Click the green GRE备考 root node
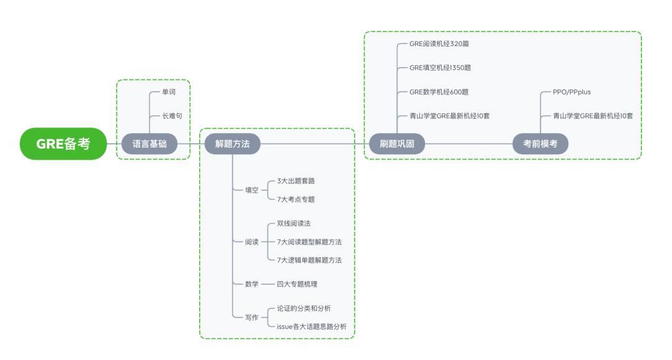[x=63, y=144]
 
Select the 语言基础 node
[x=149, y=144]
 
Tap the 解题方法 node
[x=232, y=144]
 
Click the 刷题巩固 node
[x=397, y=144]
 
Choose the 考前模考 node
[x=540, y=144]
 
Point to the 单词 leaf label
[x=169, y=92]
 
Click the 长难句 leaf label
[x=172, y=116]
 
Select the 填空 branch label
[x=251, y=190]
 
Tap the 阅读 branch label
[x=251, y=242]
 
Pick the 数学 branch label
[x=251, y=284]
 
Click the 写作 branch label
[x=251, y=317]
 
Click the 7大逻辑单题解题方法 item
[x=309, y=260]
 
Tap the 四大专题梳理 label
[x=301, y=284]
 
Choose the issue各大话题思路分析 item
[x=311, y=326]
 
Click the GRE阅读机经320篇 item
[x=443, y=44]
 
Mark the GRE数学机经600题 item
[x=439, y=92]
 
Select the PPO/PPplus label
[x=572, y=92]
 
